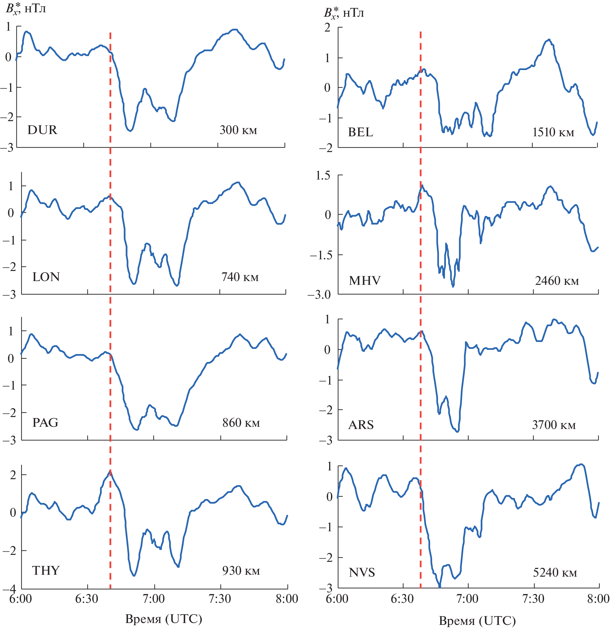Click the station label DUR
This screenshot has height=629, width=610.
tap(42, 130)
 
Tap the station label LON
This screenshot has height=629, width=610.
tap(46, 277)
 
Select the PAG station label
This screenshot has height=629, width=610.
tap(45, 423)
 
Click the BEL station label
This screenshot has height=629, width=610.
tap(361, 132)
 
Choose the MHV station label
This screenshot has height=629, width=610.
tap(365, 281)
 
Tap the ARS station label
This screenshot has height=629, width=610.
tap(361, 425)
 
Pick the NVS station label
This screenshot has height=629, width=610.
tap(362, 573)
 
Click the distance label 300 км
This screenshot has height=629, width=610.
tap(238, 130)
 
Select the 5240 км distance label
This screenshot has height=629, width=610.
tap(555, 573)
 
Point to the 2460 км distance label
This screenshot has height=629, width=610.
tap(557, 281)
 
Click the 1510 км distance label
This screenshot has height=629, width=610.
tap(553, 132)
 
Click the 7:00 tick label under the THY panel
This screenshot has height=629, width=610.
tap(154, 599)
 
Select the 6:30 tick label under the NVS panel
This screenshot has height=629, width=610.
tap(402, 599)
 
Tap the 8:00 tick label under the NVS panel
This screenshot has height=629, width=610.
tap(598, 599)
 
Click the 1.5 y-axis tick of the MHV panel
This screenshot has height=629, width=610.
tap(323, 175)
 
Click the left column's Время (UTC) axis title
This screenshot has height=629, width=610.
tap(163, 618)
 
